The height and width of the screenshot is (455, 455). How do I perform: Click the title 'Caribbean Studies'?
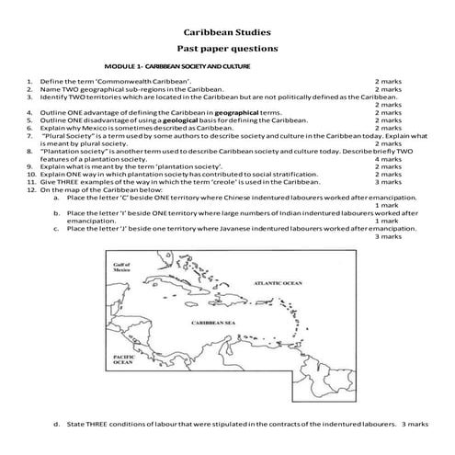click(227, 29)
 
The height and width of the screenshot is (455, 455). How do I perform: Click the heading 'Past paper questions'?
click(227, 48)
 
